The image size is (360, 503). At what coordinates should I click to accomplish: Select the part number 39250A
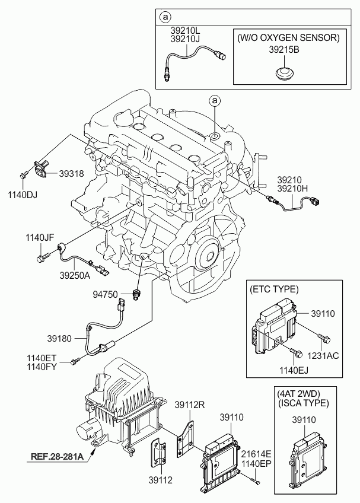[x=75, y=275]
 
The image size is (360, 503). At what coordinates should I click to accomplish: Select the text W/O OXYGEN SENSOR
[x=288, y=37]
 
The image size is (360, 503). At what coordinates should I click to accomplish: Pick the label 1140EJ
[x=295, y=370]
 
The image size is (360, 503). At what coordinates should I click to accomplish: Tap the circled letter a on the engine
[x=216, y=101]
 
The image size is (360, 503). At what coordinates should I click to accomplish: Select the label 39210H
[x=292, y=188]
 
